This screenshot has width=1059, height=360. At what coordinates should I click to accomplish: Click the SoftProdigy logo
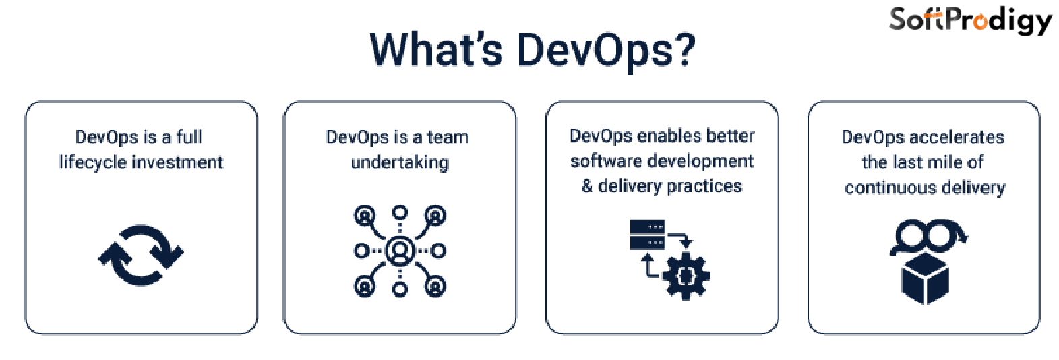point(970,20)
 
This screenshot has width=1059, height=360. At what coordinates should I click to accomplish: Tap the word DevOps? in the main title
point(605,51)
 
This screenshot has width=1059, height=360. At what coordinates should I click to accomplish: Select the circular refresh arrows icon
point(141,255)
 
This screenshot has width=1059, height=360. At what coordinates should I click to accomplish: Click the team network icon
point(400,251)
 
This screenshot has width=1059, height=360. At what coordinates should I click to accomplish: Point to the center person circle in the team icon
point(400,251)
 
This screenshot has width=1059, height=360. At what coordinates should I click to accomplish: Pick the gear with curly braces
point(686,275)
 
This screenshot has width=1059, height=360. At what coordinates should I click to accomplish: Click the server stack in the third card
point(647,235)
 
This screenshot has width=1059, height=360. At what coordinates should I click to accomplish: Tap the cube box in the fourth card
point(925,278)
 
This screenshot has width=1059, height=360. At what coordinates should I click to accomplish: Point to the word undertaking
point(400,162)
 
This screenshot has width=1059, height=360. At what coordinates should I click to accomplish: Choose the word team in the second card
point(448,137)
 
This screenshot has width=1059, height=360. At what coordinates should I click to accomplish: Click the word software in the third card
point(601,161)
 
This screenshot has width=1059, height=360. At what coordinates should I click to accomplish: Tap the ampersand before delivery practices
point(587,186)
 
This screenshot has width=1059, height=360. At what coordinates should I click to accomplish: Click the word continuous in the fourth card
point(884,187)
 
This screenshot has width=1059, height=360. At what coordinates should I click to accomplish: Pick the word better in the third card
point(732,136)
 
